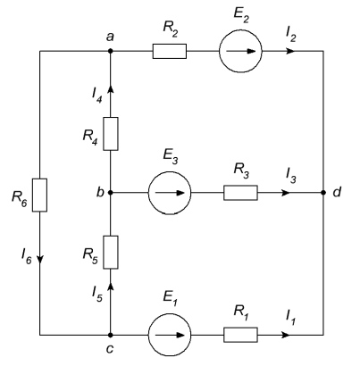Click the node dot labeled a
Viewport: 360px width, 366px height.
pyautogui.click(x=111, y=51)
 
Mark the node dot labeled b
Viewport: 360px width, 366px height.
pyautogui.click(x=111, y=193)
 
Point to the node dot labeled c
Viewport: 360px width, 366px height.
pyautogui.click(x=111, y=335)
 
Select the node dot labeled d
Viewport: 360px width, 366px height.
pyautogui.click(x=323, y=193)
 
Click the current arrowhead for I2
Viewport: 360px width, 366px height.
pyautogui.click(x=290, y=51)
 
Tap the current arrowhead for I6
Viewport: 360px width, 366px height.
pyautogui.click(x=40, y=259)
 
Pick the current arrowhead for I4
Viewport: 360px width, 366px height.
pyautogui.click(x=111, y=89)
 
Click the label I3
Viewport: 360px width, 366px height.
pyautogui.click(x=291, y=175)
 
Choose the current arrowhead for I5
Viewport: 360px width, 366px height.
pyautogui.click(x=111, y=287)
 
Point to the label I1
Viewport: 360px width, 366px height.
pyautogui.click(x=291, y=317)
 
